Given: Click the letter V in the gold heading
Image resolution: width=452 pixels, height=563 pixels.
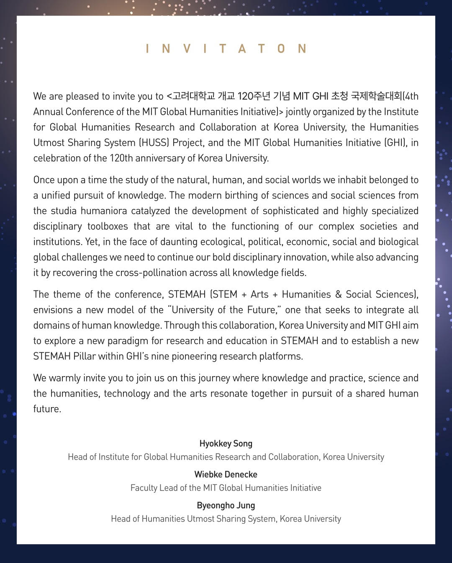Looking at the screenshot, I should click(187, 49).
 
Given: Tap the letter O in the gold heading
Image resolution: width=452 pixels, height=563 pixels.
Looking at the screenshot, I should click(282, 49).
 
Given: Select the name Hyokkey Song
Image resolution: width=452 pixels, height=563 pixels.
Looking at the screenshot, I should click(226, 443).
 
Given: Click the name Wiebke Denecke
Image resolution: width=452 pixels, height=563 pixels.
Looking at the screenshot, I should click(226, 474).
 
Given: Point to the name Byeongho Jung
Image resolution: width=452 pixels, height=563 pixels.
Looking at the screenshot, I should click(226, 505).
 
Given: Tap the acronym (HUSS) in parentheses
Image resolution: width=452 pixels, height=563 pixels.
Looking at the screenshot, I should click(154, 143).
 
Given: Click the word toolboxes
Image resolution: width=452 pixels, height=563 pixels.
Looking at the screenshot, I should click(108, 227).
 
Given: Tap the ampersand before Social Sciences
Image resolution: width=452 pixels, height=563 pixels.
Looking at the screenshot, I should click(339, 295).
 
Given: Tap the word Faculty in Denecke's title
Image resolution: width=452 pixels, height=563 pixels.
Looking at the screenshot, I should click(144, 488).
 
